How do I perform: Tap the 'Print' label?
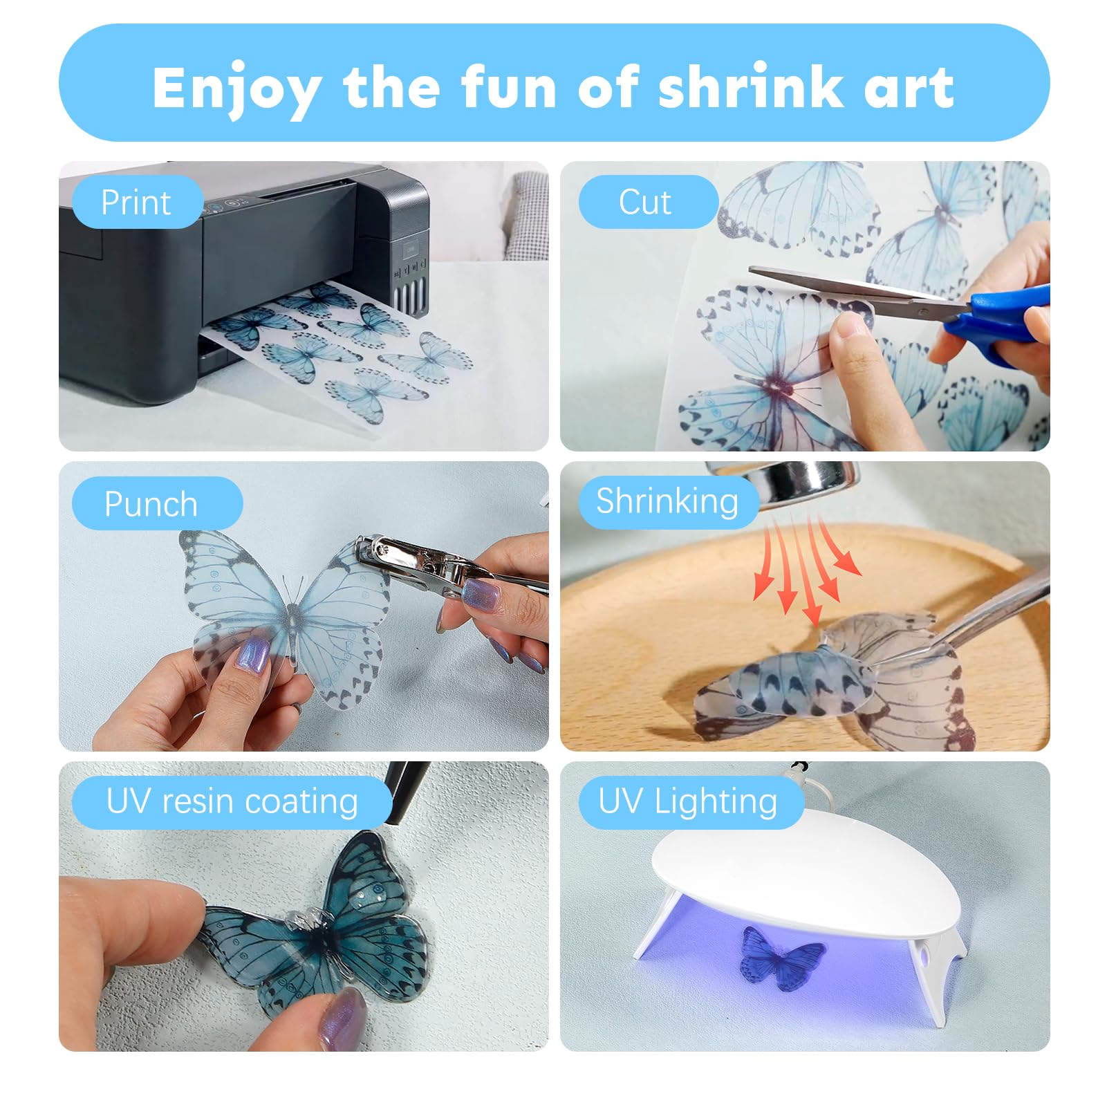click(136, 202)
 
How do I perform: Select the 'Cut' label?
click(644, 202)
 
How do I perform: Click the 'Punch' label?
click(151, 503)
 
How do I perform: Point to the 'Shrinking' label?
click(667, 501)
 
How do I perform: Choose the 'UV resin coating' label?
click(232, 802)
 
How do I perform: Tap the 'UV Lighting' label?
click(687, 802)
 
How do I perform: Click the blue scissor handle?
click(1003, 318)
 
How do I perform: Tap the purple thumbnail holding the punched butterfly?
click(252, 653)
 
